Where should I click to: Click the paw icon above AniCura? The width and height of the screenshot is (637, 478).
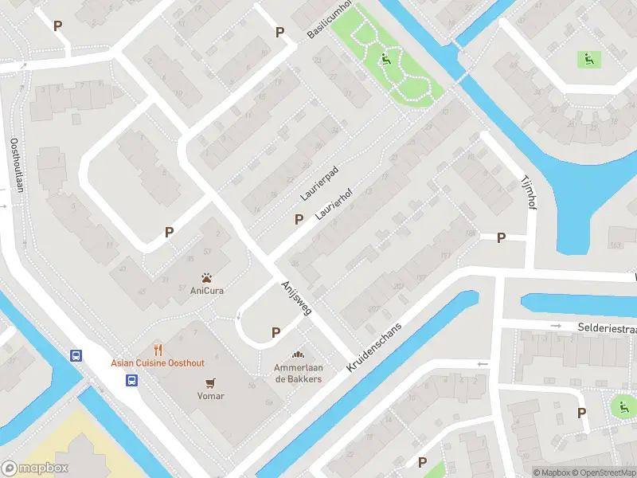click(x=206, y=278)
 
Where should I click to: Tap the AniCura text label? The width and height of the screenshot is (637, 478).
click(x=206, y=291)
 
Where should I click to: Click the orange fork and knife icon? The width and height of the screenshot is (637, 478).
click(x=158, y=350)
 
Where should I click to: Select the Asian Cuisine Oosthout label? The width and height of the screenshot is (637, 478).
click(x=158, y=363)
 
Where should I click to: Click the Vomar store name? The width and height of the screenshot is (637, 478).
click(x=211, y=396)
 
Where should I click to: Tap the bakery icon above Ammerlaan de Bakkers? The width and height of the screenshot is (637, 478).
click(x=299, y=355)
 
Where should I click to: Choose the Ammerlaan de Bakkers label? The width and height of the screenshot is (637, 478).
click(x=299, y=373)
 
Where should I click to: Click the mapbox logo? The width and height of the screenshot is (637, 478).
click(x=35, y=468)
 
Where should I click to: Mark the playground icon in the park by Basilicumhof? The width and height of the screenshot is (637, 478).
click(x=385, y=58)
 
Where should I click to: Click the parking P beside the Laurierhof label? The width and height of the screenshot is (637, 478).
click(x=299, y=219)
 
